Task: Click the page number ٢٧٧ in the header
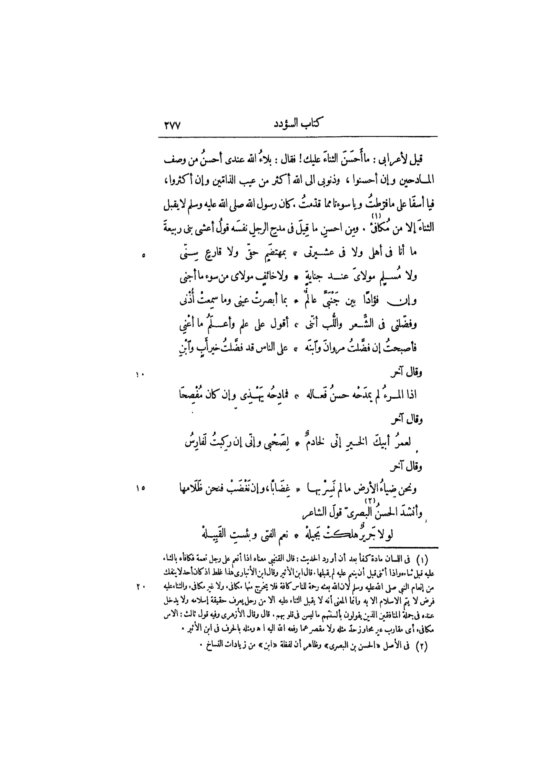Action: point(172,125)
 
